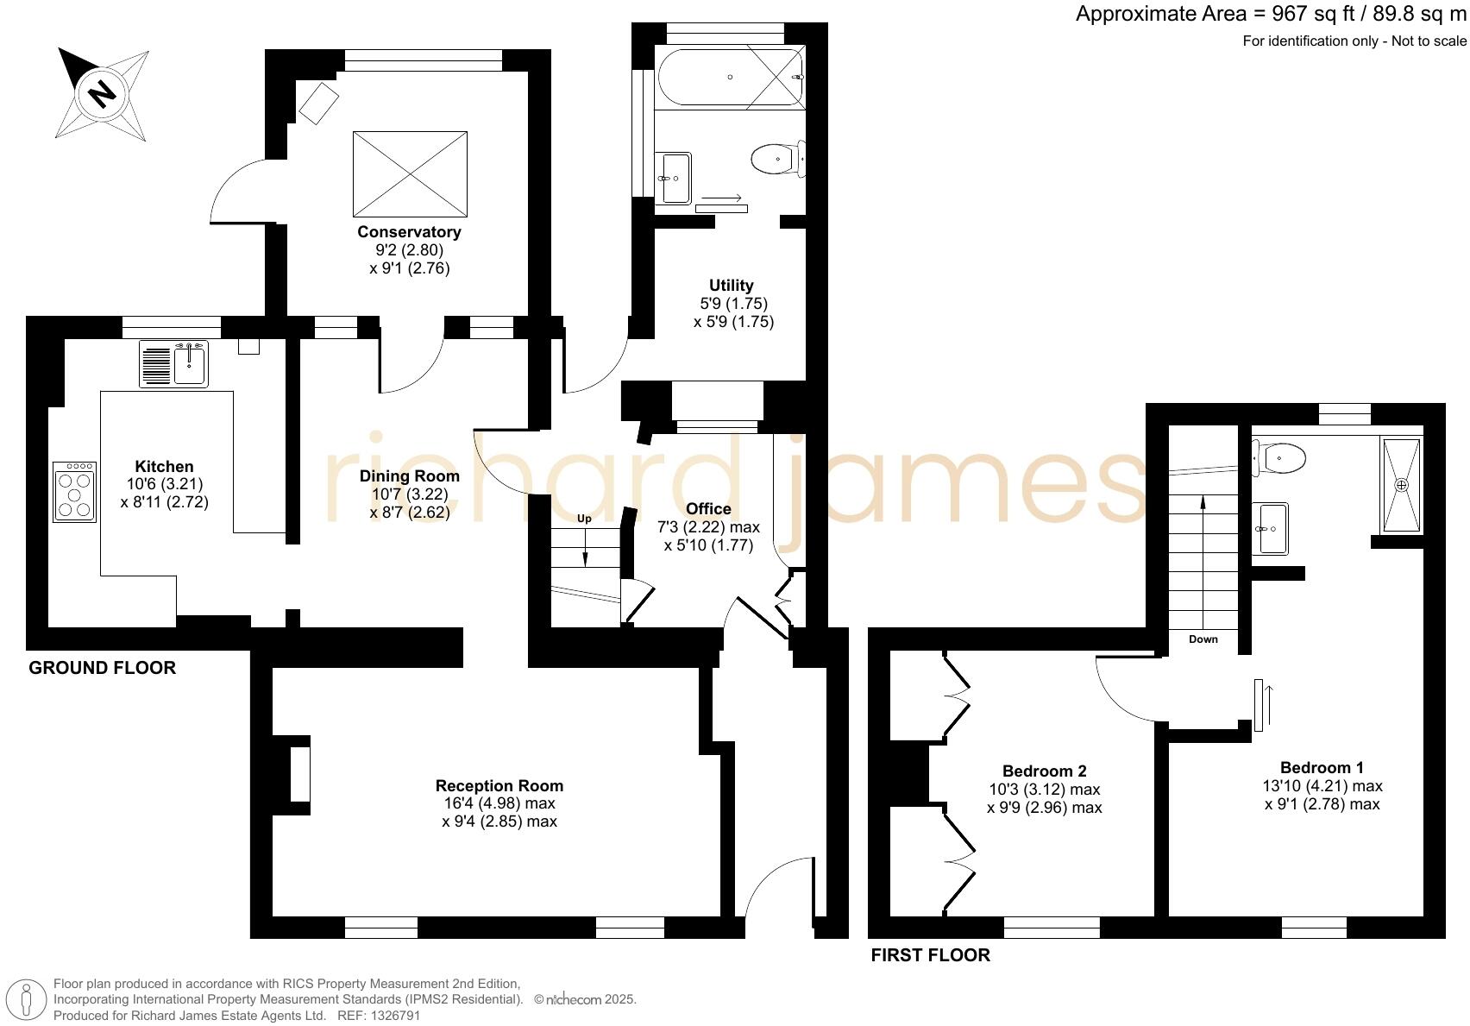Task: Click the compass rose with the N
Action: coord(103,93)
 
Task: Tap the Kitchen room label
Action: coord(164,467)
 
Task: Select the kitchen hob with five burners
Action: coord(74,492)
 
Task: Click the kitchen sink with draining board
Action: coord(173,363)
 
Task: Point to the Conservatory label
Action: coord(409,232)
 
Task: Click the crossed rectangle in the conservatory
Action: coord(410,174)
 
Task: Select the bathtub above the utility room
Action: coord(731,78)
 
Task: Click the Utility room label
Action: coord(731,286)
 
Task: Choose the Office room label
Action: coord(708,509)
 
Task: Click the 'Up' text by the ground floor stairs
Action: coord(584,519)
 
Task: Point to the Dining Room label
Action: coord(409,476)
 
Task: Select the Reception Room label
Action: coord(499,786)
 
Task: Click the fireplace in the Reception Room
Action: coord(298,775)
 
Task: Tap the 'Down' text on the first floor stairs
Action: coord(1203,639)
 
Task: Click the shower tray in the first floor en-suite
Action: coord(1401,485)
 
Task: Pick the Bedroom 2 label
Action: coord(1044,771)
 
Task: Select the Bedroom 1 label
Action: coord(1322,768)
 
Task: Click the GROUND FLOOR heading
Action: coord(103,668)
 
